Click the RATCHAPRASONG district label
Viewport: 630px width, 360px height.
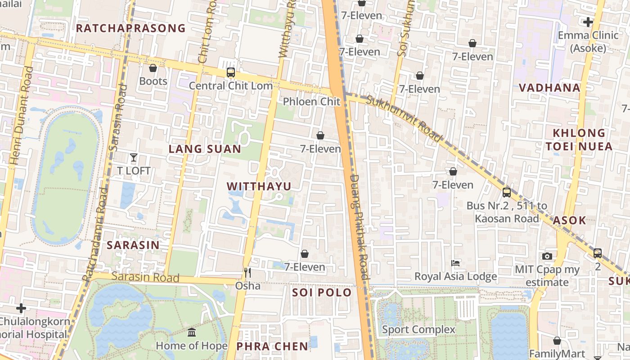click(130, 28)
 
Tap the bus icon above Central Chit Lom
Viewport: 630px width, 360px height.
click(230, 72)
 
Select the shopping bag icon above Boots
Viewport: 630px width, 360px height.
click(153, 68)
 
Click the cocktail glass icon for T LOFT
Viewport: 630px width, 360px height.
click(134, 157)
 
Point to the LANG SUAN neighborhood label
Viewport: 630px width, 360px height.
click(205, 149)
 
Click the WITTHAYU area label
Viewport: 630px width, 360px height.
click(259, 186)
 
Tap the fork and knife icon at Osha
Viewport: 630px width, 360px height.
click(247, 272)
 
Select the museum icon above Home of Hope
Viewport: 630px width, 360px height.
click(192, 333)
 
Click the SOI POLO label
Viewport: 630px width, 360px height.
click(322, 292)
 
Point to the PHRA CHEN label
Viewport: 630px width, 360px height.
click(272, 346)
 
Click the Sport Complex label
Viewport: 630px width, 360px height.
click(418, 329)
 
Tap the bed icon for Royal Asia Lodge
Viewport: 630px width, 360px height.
click(455, 263)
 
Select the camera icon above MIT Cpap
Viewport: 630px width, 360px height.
click(547, 256)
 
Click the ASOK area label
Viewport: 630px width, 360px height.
click(569, 220)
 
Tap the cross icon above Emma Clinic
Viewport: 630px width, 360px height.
click(588, 22)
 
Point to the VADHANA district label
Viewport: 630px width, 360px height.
click(549, 88)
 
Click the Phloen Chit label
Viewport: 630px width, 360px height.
click(311, 101)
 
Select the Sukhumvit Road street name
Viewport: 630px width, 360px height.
click(404, 119)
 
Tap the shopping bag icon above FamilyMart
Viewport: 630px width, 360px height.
click(557, 341)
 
